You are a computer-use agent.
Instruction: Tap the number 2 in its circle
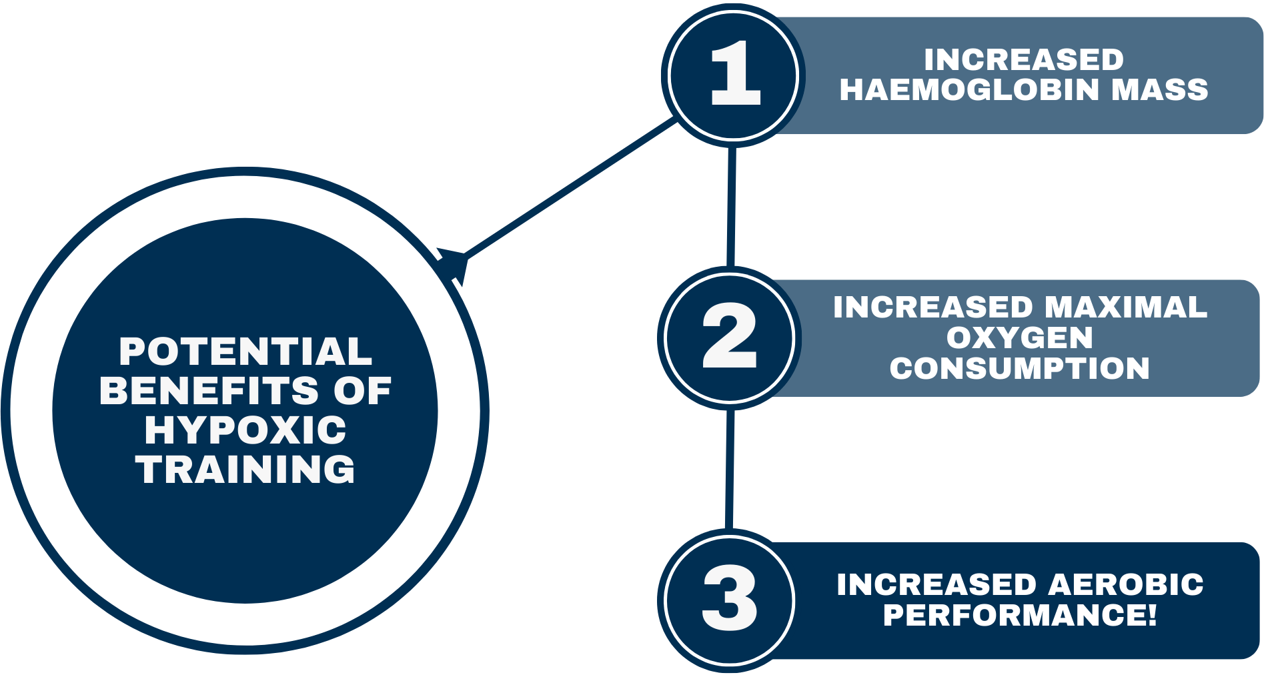pos(729,336)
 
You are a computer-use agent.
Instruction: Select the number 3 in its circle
pos(729,598)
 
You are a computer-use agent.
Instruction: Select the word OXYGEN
pos(1020,338)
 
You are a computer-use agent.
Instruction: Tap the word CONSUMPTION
pos(1020,369)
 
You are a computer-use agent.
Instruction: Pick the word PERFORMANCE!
pos(1020,615)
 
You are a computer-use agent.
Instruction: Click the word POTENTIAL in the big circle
pos(245,352)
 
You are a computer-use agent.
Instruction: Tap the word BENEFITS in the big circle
pos(208,391)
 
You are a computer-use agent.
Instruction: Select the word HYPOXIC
pos(245,430)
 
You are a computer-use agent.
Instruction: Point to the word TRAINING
pos(245,470)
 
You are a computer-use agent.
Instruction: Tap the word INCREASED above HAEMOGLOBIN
pos(1024,60)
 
